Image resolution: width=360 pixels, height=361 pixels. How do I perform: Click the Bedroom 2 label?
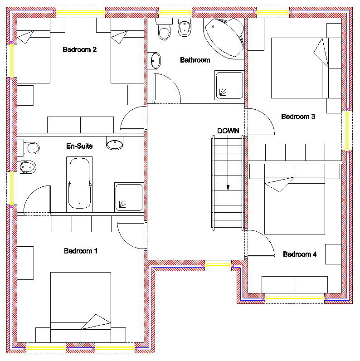click(x=79, y=50)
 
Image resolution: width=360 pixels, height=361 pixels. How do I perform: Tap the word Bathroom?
click(x=195, y=60)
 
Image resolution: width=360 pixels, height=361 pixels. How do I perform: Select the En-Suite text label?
click(x=79, y=146)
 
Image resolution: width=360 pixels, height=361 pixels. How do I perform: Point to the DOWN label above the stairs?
click(x=228, y=131)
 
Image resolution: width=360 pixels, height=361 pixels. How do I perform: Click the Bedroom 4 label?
click(x=300, y=254)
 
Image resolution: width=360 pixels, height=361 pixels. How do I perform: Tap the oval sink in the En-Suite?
click(x=115, y=144)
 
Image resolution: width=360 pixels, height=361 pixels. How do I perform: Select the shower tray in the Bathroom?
click(x=229, y=85)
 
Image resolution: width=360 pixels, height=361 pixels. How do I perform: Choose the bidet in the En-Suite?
click(x=27, y=167)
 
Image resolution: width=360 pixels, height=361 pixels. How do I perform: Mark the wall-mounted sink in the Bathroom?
click(x=154, y=60)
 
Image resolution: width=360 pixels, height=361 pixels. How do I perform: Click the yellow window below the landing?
click(x=218, y=265)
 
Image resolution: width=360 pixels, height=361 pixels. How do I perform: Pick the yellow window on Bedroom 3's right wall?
click(x=347, y=131)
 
